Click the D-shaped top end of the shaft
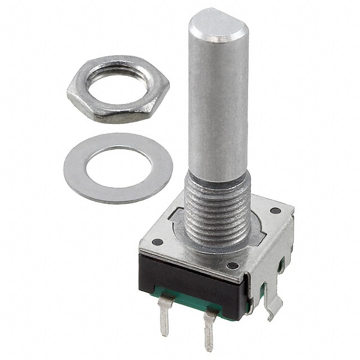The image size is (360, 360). pyautogui.click(x=217, y=25)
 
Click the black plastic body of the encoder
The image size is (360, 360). pyautogui.click(x=186, y=278)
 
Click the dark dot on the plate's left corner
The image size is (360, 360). pyautogui.click(x=157, y=242)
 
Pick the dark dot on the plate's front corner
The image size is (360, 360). pyautogui.click(x=232, y=265)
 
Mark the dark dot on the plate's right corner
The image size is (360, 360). pyautogui.click(x=275, y=211)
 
